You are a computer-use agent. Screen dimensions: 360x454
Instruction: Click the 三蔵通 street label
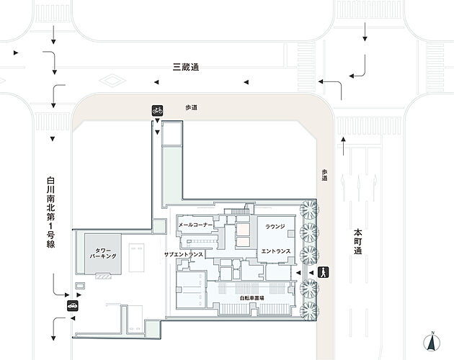tap(185, 67)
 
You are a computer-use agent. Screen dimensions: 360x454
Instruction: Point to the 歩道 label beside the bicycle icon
tap(191, 107)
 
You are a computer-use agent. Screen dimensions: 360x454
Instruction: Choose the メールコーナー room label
tap(195, 225)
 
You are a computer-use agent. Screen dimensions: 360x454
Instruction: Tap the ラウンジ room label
tap(275, 226)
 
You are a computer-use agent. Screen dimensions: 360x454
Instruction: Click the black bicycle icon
tap(157, 110)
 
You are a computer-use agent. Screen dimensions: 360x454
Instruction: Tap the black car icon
tap(73, 305)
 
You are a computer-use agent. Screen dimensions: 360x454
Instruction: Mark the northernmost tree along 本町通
tap(308, 210)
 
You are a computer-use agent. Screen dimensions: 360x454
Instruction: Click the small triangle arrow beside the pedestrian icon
tap(312, 273)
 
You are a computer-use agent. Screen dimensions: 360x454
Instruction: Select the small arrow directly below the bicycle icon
tap(157, 123)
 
